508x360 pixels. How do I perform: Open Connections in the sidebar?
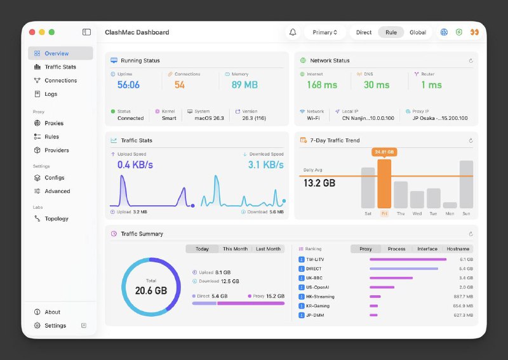coord(60,81)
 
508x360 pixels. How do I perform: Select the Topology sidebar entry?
coord(57,218)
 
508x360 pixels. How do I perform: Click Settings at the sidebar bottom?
coord(55,326)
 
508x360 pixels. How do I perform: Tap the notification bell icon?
coord(293,32)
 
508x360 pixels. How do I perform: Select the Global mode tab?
coord(418,32)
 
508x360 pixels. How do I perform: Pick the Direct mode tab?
coord(364,32)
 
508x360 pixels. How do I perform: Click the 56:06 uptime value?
coord(128,85)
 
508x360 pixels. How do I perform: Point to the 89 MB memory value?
coord(244,85)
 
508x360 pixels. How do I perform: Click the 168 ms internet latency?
coord(322,85)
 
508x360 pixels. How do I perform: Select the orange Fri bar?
coord(384,183)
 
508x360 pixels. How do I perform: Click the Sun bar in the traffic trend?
coord(466,184)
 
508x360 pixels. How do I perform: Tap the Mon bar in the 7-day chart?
coord(450,205)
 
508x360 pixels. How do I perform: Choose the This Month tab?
coord(235,249)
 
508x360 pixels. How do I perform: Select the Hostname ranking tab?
coord(458,249)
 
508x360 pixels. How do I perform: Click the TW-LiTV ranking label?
coord(314,259)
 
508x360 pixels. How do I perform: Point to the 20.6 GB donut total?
coord(151,290)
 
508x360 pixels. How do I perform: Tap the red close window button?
coord(32,32)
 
